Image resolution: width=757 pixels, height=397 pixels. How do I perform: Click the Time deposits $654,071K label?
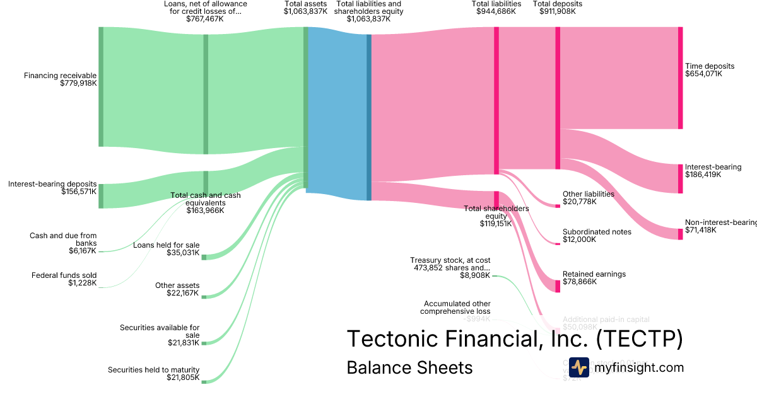710,70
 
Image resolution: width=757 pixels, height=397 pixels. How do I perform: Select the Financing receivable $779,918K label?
61,79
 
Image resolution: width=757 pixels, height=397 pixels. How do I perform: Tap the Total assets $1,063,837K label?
305,8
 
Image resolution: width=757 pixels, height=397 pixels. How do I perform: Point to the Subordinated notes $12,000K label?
597,236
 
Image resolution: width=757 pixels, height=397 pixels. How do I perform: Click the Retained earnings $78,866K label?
594,278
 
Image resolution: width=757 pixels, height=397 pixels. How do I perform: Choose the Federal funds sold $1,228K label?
64,279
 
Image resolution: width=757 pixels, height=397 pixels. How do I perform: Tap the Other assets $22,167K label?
177,290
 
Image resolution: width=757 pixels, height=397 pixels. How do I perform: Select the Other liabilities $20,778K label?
588,198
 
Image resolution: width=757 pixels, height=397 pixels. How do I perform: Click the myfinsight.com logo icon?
579,367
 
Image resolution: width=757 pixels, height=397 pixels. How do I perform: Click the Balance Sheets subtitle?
409,367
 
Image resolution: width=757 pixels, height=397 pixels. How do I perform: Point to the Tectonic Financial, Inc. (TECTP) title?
515,339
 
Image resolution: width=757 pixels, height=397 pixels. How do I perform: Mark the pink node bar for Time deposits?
680,78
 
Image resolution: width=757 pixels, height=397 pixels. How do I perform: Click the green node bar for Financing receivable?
100,86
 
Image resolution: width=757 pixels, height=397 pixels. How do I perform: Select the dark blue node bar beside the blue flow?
369,117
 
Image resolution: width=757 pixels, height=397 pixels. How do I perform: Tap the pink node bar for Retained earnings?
558,286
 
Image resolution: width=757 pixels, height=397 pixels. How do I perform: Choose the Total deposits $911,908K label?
558,8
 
